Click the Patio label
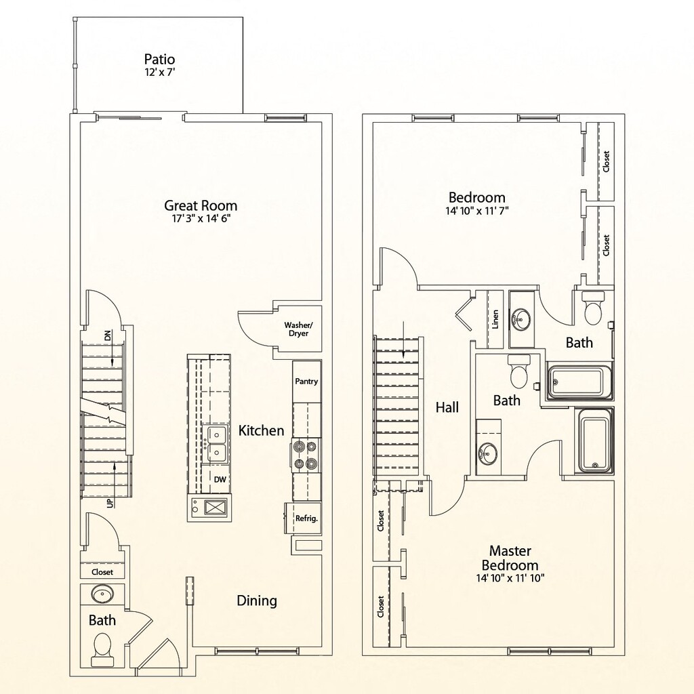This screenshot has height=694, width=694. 159,60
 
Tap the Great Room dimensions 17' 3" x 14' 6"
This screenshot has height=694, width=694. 201,219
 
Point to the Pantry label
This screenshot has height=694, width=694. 306,381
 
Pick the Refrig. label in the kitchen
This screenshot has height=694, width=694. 306,518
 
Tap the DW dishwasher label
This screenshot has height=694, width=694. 220,479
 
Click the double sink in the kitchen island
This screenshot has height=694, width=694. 215,444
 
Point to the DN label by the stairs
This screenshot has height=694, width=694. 108,335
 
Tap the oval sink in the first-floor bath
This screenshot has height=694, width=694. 103,594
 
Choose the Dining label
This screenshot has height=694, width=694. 257,600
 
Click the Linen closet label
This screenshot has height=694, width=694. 495,319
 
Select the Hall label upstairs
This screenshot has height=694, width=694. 447,407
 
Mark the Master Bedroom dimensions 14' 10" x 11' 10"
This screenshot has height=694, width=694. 510,577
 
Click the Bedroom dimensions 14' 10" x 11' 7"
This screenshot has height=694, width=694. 477,211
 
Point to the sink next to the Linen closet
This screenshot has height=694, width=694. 521,319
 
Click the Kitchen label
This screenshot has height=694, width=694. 261,430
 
